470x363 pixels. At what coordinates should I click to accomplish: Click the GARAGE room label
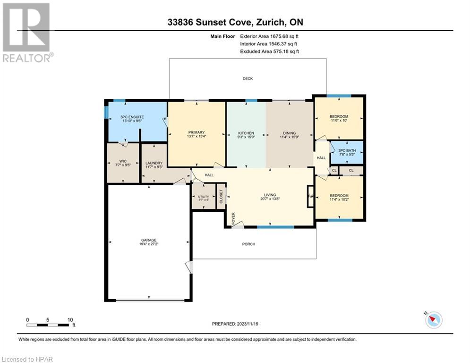(148, 240)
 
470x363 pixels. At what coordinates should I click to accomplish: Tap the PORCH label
(248, 244)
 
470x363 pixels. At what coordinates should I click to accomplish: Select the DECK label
(248, 78)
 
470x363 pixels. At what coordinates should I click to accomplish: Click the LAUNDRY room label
(154, 163)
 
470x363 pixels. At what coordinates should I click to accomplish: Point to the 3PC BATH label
(347, 151)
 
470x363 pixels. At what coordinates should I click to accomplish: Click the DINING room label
(290, 133)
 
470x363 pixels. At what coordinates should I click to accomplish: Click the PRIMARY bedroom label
(196, 133)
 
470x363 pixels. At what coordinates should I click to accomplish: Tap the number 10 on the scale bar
(70, 320)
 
